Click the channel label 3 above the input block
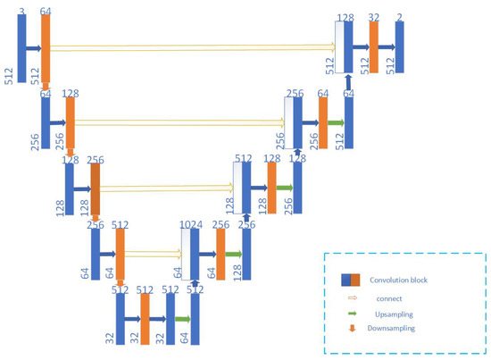pos(21,9)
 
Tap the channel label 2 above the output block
pos(399,16)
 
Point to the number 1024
pos(191,225)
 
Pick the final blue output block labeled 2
pos(400,46)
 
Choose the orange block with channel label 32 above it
pos(374,46)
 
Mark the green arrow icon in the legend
pos(352,314)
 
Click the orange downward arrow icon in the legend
pos(352,330)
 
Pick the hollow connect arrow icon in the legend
pos(352,297)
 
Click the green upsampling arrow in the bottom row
pos(182,318)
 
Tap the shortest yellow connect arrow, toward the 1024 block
pos(153,255)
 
